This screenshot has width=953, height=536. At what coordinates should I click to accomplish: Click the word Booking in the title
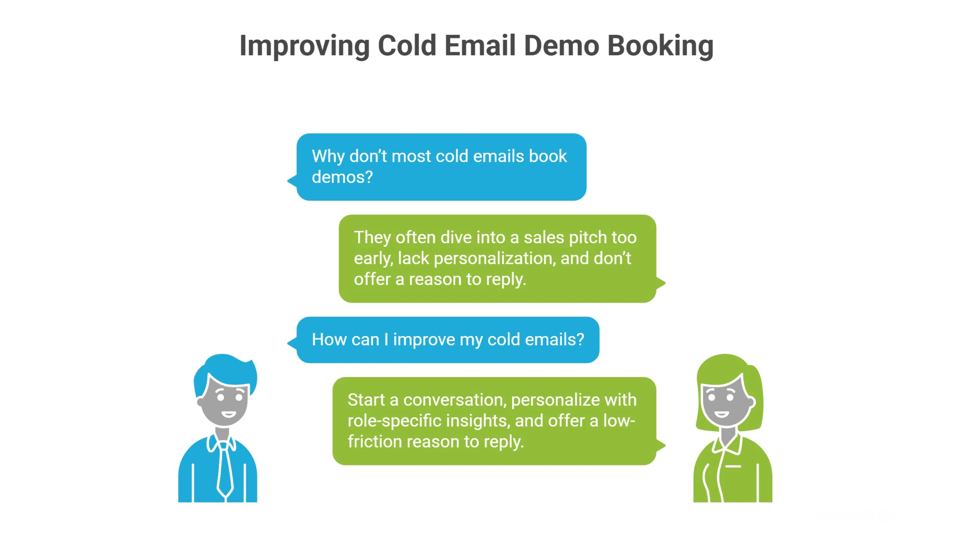(x=660, y=46)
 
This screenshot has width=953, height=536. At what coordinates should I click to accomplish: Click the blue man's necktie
(x=225, y=470)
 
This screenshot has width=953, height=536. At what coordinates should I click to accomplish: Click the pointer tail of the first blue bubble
(x=292, y=181)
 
